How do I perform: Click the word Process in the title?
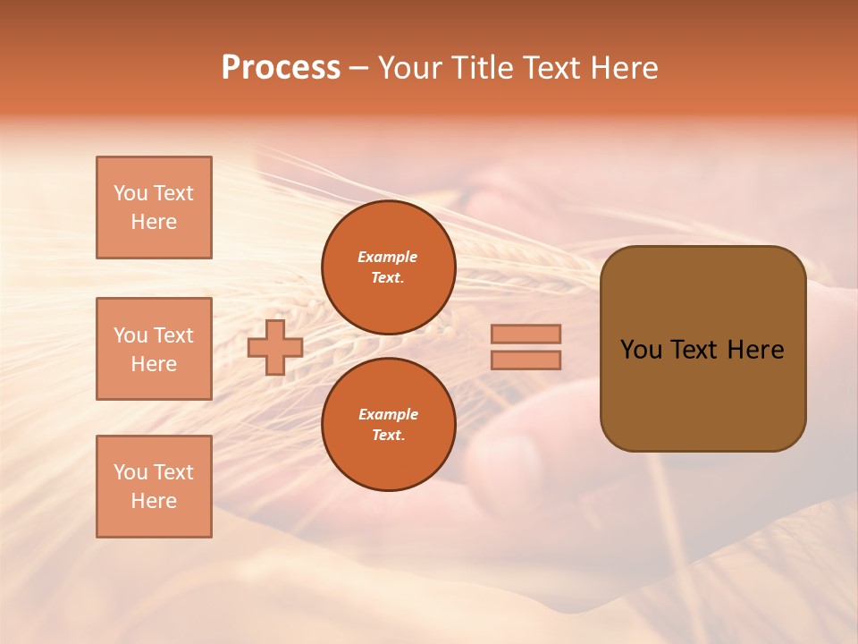pos(281,68)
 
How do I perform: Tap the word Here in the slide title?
pos(622,68)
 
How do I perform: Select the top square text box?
pos(154,208)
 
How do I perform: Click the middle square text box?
pos(154,349)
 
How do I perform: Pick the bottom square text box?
pos(154,487)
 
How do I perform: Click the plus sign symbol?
pos(275,347)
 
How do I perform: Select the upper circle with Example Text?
pos(389,267)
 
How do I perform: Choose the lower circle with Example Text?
pos(389,425)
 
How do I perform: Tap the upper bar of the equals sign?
pos(526,334)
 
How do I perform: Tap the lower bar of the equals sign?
pos(526,360)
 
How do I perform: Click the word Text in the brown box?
pos(694,350)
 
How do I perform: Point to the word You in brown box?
pos(640,350)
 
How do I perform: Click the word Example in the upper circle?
pos(388,257)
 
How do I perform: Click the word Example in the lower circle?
pos(388,414)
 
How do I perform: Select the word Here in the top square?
pos(154,222)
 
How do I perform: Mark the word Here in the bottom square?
pos(154,501)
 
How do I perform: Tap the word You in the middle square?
pos(130,335)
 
